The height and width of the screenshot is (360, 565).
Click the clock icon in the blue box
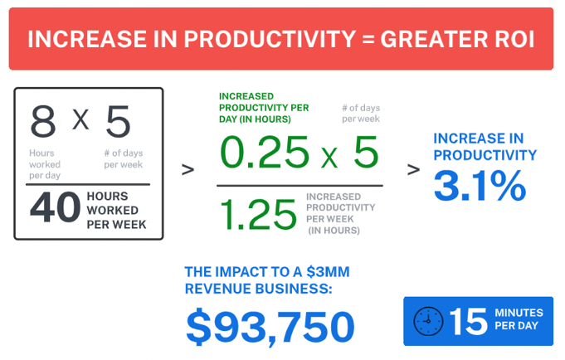[x=428, y=321]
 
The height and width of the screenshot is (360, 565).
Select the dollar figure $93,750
[x=270, y=326]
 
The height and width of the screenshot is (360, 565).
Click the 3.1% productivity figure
[x=480, y=187]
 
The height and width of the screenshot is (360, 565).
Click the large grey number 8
[x=43, y=123]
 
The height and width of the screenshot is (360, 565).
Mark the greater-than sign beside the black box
[x=188, y=169]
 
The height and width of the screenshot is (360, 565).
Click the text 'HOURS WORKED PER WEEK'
[x=116, y=210]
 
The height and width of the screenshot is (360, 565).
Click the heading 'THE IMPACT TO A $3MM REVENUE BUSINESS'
[x=261, y=280]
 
